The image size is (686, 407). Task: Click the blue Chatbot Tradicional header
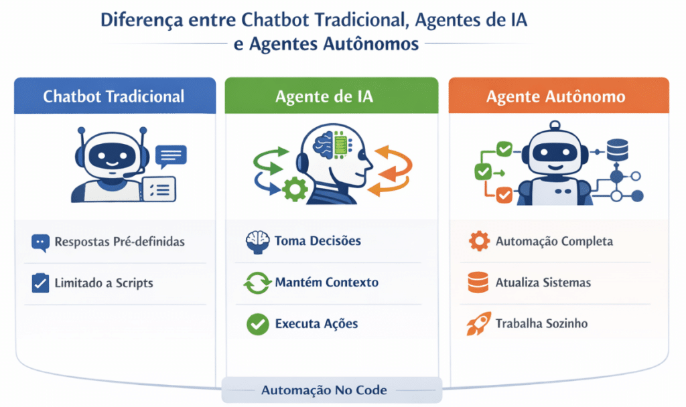[x=115, y=96]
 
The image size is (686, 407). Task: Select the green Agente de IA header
[x=332, y=96]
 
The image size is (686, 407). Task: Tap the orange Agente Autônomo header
[x=559, y=96]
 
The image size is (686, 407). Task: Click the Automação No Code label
[x=324, y=390]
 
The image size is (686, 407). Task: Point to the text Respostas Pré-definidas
[x=119, y=242]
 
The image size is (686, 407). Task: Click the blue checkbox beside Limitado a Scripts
[x=40, y=283]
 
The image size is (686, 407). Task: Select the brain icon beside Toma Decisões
[x=257, y=242]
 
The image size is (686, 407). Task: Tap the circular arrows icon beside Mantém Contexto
[x=257, y=283]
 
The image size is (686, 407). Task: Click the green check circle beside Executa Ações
[x=258, y=324]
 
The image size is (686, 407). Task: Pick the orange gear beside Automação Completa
[x=479, y=241]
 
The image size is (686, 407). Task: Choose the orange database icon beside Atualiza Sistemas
[x=478, y=282]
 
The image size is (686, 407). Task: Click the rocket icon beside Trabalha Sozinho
[x=478, y=323]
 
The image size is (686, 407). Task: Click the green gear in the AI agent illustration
[x=295, y=188]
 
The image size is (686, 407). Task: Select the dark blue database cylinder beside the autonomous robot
[x=617, y=150]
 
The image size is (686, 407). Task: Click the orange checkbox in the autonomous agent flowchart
[x=504, y=195]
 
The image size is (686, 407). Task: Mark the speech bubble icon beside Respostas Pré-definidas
[x=40, y=242]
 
